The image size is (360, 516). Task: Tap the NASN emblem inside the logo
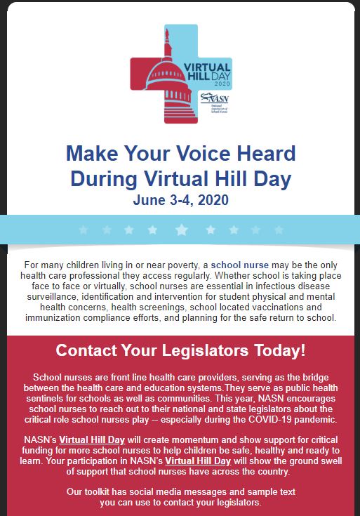(x=208, y=98)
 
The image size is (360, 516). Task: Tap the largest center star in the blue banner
(x=181, y=230)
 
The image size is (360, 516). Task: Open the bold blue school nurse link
(x=240, y=265)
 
